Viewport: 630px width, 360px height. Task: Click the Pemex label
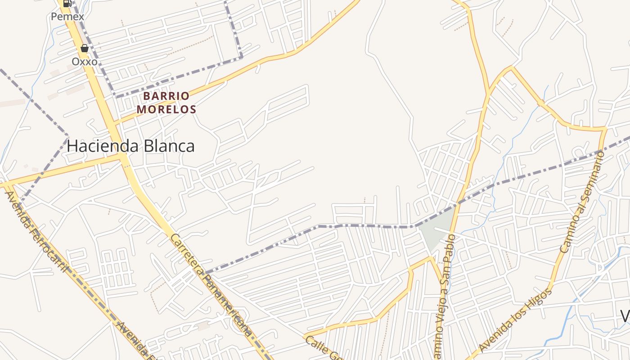(x=67, y=17)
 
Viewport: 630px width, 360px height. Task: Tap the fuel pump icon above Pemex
(x=67, y=4)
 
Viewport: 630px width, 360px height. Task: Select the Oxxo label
(x=85, y=61)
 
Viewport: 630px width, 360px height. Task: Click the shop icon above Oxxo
(x=84, y=48)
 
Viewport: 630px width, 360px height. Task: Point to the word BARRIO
(x=166, y=96)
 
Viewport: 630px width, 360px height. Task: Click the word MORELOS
(x=166, y=109)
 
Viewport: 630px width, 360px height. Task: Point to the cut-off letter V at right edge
(x=625, y=316)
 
